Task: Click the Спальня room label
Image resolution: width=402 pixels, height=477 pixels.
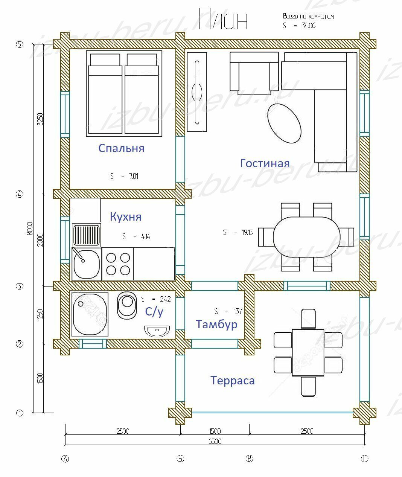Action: pyautogui.click(x=121, y=149)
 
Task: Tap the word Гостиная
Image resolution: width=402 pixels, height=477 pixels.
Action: pyautogui.click(x=265, y=163)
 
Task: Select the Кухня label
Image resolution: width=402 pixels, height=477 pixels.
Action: pyautogui.click(x=126, y=216)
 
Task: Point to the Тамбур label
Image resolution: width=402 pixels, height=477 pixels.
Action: pyautogui.click(x=216, y=325)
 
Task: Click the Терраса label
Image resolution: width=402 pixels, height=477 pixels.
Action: pyautogui.click(x=232, y=380)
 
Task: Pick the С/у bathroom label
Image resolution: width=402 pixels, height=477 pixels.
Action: pyautogui.click(x=154, y=312)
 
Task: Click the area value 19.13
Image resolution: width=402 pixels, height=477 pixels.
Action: pyautogui.click(x=247, y=233)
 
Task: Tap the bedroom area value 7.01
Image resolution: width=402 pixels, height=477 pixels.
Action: pyautogui.click(x=134, y=176)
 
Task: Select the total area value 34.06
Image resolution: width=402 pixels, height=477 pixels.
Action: pyautogui.click(x=309, y=26)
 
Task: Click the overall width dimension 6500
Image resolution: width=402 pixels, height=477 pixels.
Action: pyautogui.click(x=215, y=441)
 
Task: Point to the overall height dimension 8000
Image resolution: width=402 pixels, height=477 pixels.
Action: pyautogui.click(x=30, y=229)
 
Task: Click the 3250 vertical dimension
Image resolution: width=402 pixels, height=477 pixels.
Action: pyautogui.click(x=40, y=119)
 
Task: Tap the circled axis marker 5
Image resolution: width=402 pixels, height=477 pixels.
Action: pyautogui.click(x=20, y=44)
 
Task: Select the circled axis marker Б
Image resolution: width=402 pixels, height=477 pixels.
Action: pyautogui.click(x=180, y=459)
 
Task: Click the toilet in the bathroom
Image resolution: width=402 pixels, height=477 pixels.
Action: pyautogui.click(x=127, y=305)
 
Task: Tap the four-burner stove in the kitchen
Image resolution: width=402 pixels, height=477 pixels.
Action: pyautogui.click(x=118, y=264)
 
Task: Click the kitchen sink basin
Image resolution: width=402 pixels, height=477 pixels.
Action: pyautogui.click(x=87, y=264)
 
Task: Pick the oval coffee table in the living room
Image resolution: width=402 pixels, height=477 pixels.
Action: pyautogui.click(x=284, y=123)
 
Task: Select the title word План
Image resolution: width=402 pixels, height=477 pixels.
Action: pyautogui.click(x=223, y=19)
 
